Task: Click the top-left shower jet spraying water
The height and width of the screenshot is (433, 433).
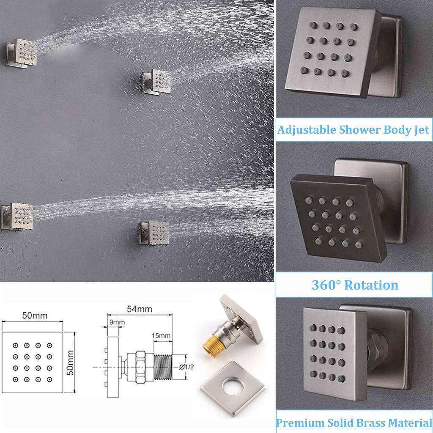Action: pos(23,53)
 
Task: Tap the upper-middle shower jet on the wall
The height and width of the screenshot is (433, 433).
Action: pos(158,81)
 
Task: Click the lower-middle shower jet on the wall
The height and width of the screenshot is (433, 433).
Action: pos(156,232)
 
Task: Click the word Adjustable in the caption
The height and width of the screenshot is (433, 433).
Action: pos(307,130)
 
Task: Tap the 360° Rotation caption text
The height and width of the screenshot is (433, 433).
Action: pos(355,285)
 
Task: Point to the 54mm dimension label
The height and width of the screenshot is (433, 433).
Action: pos(140,309)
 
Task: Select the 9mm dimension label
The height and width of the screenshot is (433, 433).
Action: pos(116,322)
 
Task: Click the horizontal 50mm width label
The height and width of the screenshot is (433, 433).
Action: pos(35,315)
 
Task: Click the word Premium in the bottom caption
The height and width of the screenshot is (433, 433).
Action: pos(301,423)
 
